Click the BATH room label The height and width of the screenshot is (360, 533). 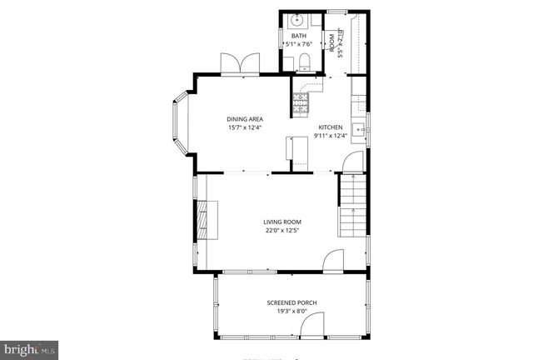(x=298, y=36)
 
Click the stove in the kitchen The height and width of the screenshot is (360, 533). (x=300, y=102)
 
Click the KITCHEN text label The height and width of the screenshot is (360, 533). (x=329, y=127)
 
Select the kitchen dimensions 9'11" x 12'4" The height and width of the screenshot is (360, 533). (x=329, y=135)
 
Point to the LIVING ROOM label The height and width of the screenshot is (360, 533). (x=283, y=222)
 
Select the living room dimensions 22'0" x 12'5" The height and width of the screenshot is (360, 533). (x=283, y=230)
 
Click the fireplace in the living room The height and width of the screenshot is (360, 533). (x=201, y=221)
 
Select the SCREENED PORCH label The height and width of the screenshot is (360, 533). (x=291, y=302)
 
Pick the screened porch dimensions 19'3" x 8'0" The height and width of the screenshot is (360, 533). (x=291, y=311)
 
